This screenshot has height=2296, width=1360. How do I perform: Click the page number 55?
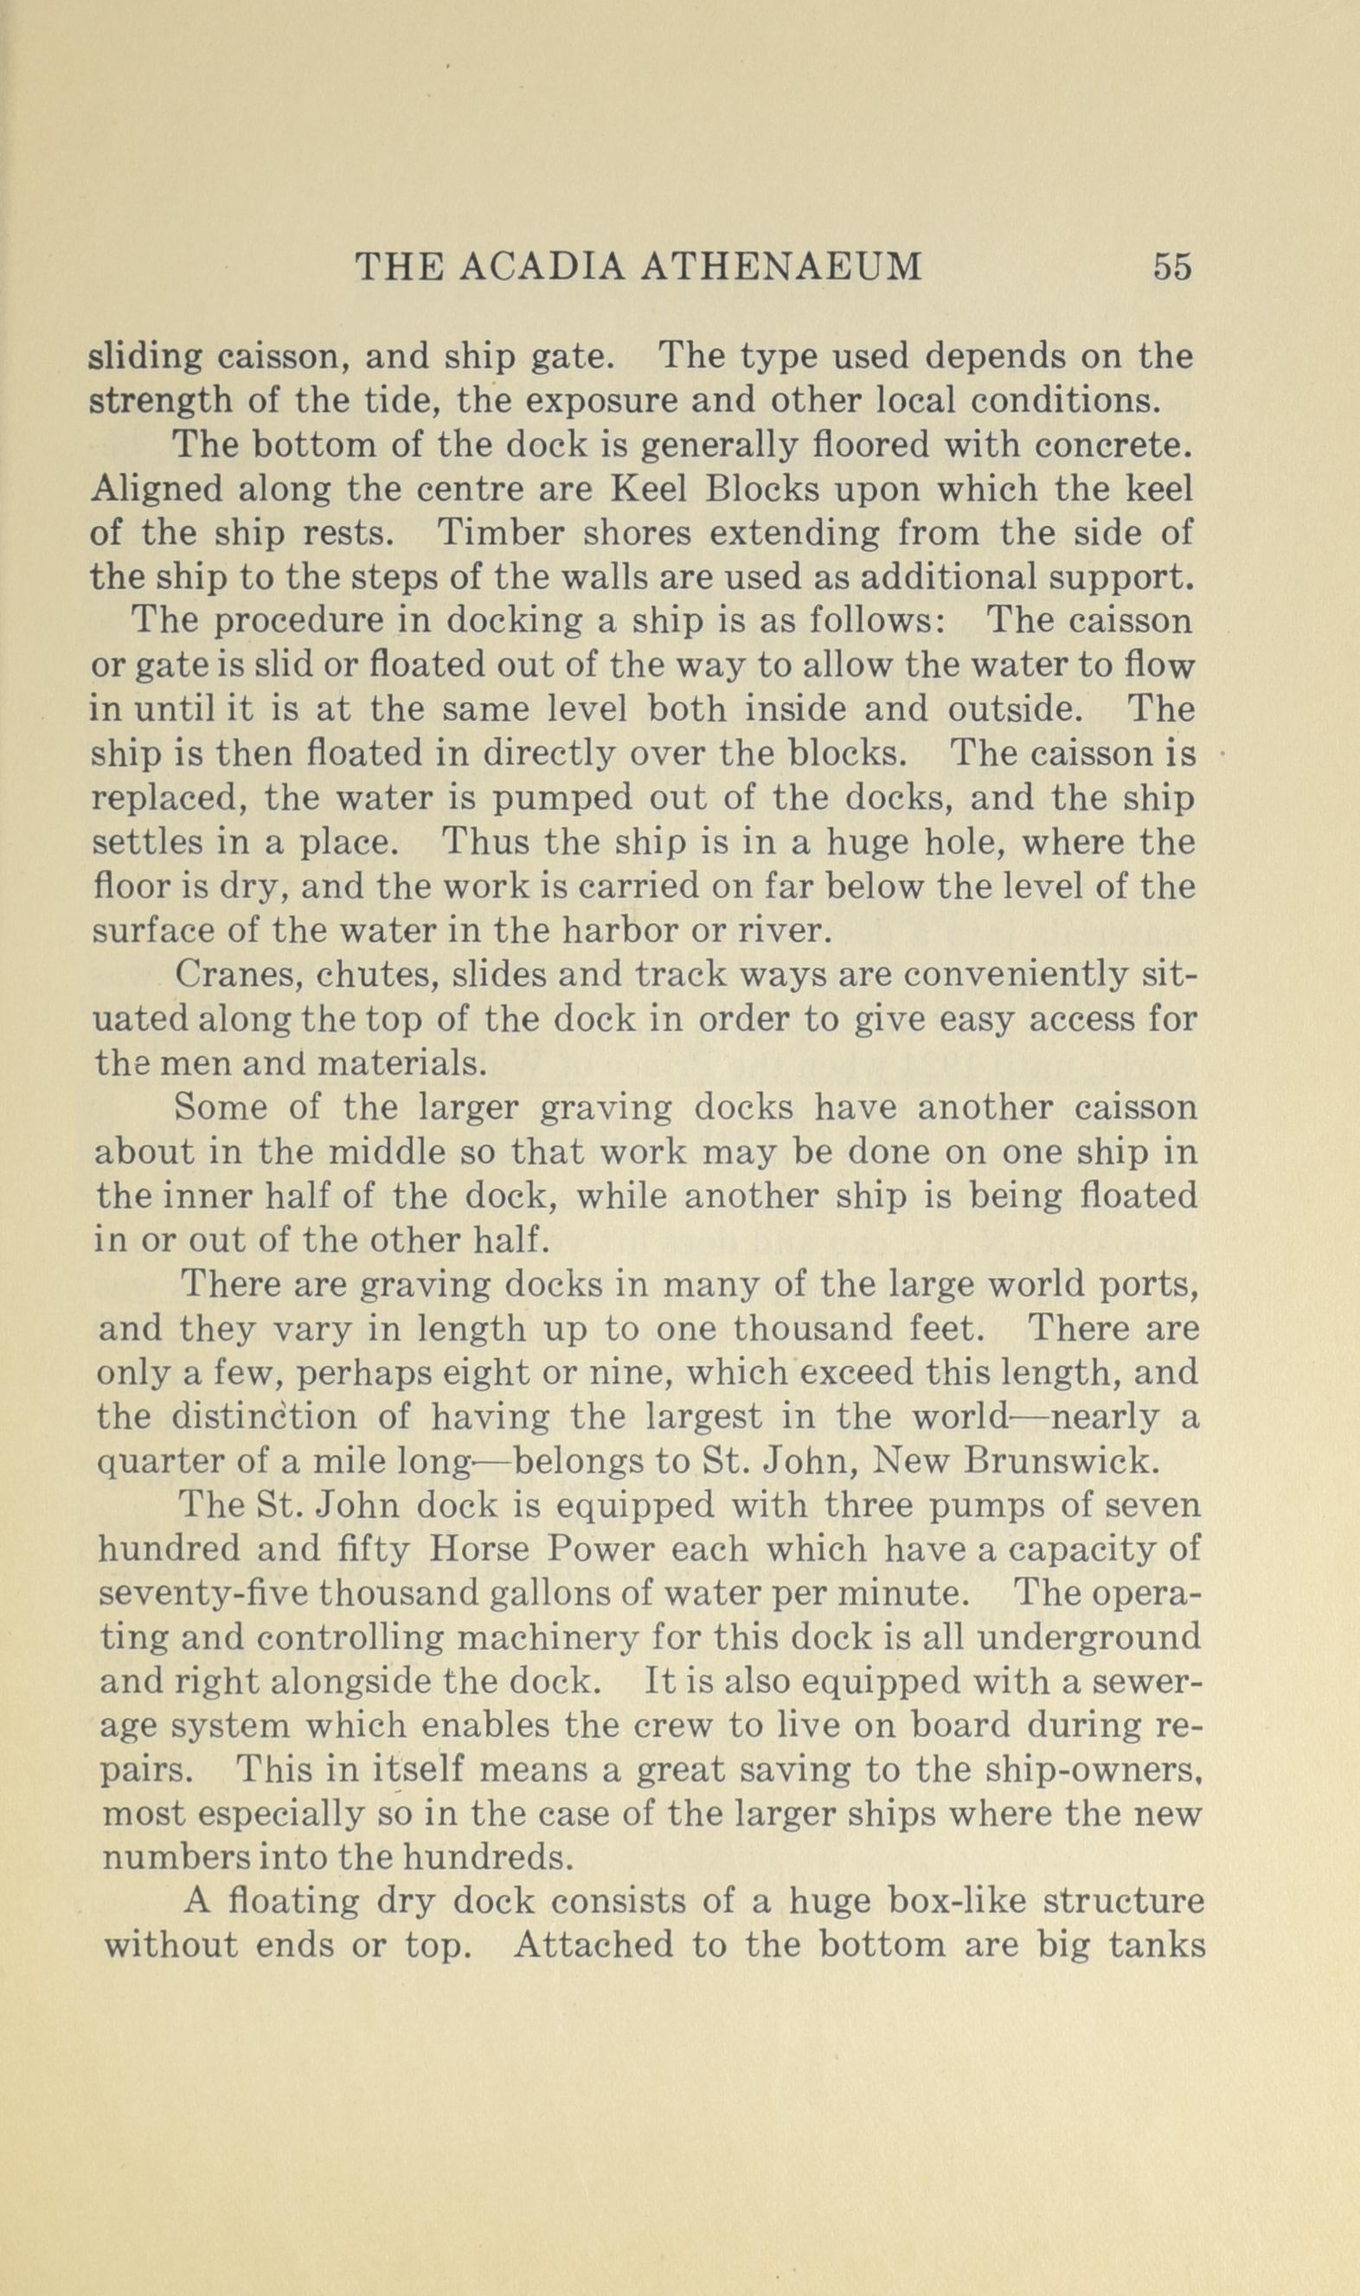[x=1172, y=266]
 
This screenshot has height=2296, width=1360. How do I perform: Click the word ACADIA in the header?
[x=541, y=266]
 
